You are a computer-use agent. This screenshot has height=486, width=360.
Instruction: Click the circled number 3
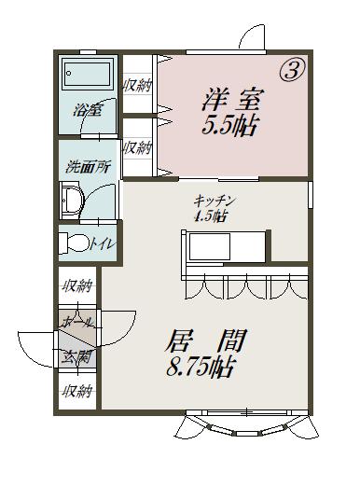click(293, 71)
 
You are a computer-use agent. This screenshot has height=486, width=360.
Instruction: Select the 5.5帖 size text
click(230, 126)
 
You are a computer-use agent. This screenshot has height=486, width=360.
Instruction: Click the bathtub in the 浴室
click(88, 74)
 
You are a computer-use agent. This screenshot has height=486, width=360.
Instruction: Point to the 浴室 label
click(88, 110)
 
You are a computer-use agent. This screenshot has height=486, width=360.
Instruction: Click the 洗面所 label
click(89, 167)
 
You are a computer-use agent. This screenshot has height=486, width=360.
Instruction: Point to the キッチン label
click(214, 201)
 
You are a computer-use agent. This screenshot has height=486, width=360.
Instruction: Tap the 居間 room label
click(206, 340)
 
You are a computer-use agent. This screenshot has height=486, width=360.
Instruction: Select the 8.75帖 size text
click(201, 367)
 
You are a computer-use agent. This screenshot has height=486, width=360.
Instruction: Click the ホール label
click(77, 322)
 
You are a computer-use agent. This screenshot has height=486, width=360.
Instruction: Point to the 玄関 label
click(76, 357)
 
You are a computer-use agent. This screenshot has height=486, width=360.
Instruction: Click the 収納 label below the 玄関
click(77, 391)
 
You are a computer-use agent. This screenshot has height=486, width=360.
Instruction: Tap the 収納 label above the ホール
click(77, 285)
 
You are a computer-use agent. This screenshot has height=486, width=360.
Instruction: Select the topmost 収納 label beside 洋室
click(138, 85)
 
